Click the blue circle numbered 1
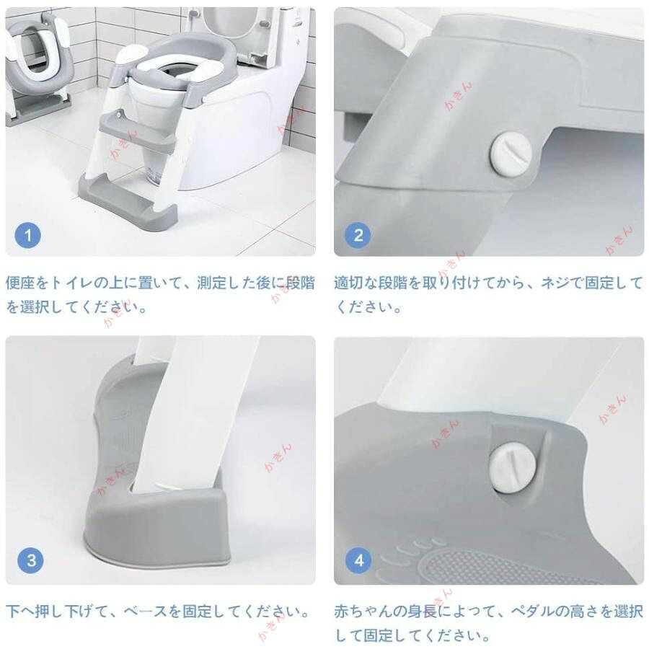27,236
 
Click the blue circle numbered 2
358,236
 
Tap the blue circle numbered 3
30,560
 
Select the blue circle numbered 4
358,560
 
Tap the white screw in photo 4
512,468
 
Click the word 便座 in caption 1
20,283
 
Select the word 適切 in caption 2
349,283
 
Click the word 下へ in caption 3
20,612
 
